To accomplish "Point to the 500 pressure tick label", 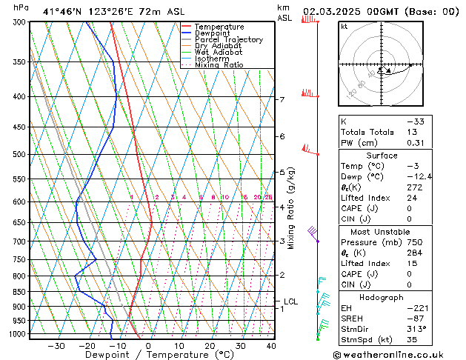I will click(x=20, y=154).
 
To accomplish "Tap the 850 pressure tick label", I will click(x=20, y=292).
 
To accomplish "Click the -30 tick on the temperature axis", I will click(x=56, y=346).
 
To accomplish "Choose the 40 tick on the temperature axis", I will click(x=271, y=346).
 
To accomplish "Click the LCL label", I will click(x=291, y=301).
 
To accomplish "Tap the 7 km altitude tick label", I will click(x=282, y=99).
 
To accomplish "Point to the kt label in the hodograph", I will click(x=344, y=26).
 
